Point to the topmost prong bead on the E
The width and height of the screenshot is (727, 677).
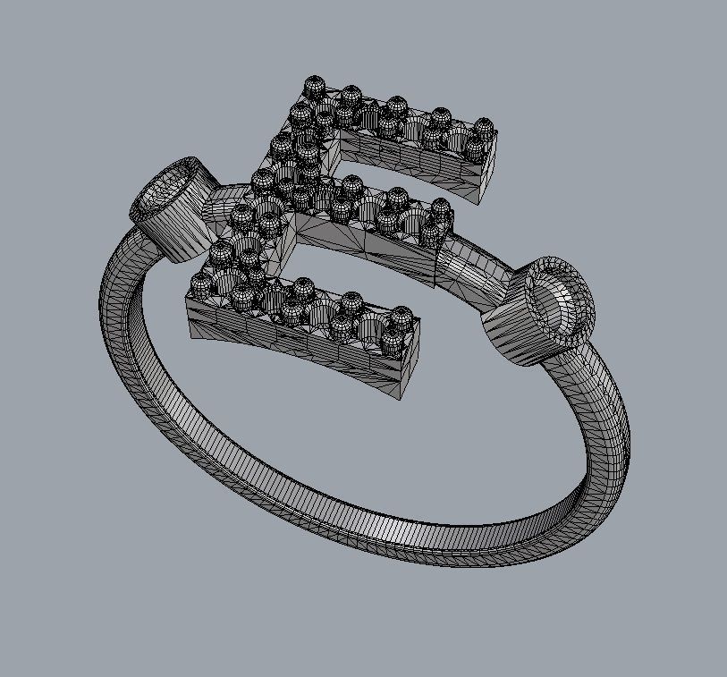tap(314, 87)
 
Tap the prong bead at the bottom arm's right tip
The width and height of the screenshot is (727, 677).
tap(402, 317)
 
